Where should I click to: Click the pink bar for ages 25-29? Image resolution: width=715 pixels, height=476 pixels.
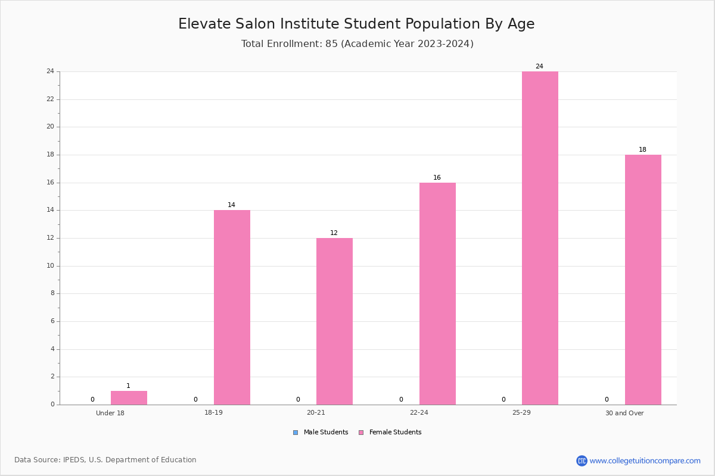click(540, 238)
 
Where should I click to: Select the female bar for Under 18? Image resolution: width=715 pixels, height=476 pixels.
click(129, 397)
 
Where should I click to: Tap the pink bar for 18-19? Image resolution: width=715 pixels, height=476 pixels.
click(232, 308)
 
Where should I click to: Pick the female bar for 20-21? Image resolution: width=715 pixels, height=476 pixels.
click(334, 321)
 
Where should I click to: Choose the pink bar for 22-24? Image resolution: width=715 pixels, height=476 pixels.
click(437, 294)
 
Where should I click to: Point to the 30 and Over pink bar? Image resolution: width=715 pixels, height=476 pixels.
click(643, 280)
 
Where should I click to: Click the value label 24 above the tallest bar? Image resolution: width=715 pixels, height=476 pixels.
click(539, 66)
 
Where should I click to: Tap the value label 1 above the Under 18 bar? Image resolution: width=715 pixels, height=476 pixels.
click(128, 386)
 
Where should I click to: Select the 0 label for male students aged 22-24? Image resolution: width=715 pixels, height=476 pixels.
click(401, 399)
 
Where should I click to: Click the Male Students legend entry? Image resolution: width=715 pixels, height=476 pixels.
click(321, 432)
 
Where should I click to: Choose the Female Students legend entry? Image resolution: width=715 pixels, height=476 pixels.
click(390, 432)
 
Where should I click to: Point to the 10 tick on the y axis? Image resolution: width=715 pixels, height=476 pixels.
click(51, 265)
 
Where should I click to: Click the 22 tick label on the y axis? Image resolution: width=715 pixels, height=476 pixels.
click(51, 99)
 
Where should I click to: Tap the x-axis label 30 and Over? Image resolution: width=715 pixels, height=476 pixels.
click(624, 413)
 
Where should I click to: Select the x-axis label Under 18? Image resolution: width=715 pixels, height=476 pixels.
click(110, 413)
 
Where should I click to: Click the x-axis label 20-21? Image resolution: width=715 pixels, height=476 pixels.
click(316, 412)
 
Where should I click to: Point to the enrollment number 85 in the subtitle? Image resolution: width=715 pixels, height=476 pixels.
click(332, 43)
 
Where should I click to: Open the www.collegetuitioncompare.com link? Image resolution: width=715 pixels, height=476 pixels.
click(645, 461)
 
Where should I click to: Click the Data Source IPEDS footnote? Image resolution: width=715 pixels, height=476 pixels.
click(105, 460)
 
